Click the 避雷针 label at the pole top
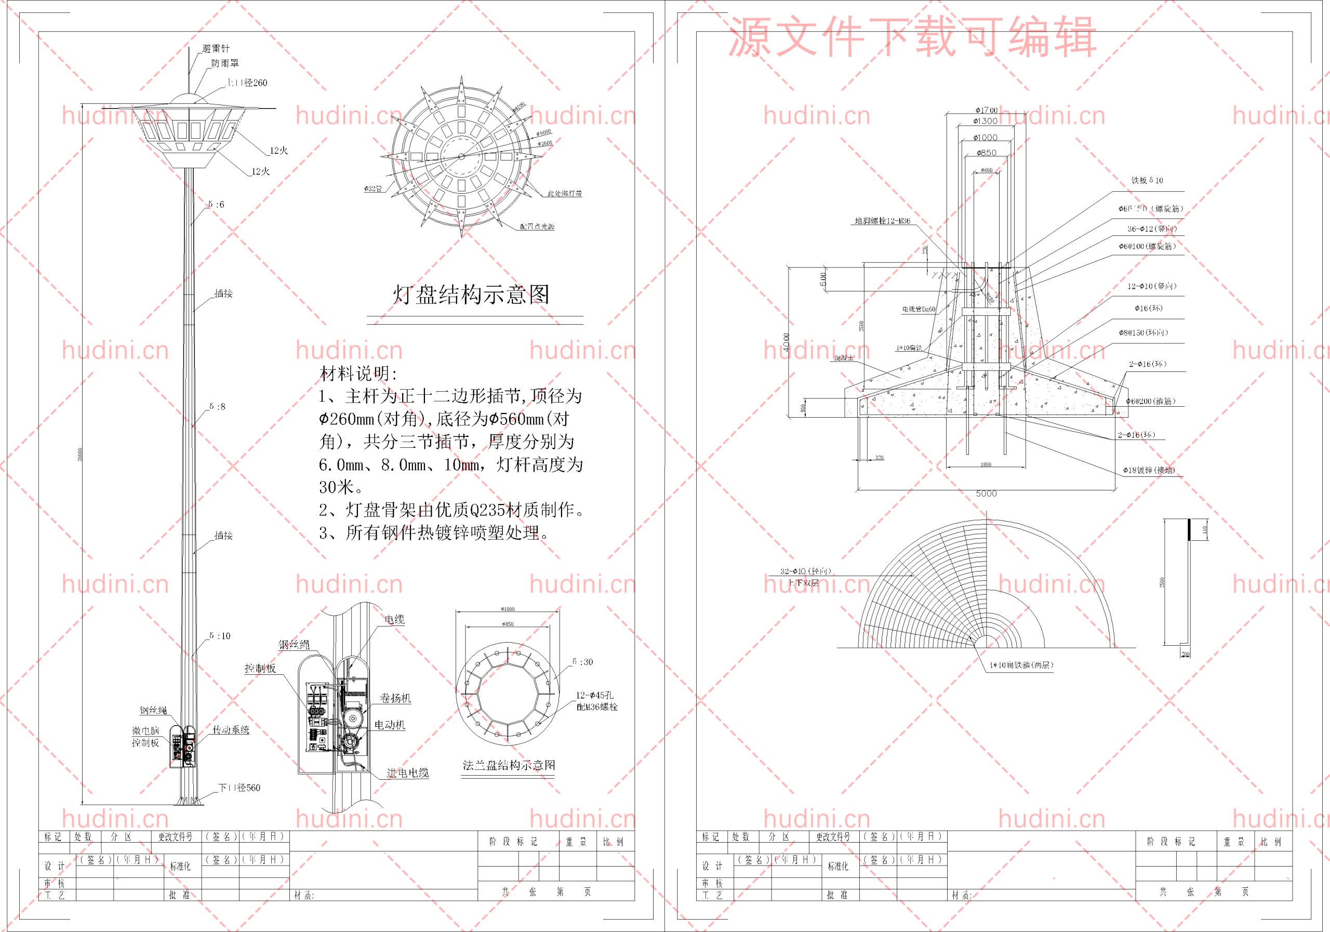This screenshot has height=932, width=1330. [216, 49]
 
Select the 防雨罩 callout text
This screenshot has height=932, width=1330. [225, 63]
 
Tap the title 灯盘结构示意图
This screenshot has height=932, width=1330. [471, 294]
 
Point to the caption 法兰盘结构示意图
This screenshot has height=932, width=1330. [509, 765]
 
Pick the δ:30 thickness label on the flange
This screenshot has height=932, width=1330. [582, 661]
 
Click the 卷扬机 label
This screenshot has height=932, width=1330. [395, 698]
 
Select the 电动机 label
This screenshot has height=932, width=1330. [389, 725]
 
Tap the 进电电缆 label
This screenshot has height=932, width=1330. [407, 773]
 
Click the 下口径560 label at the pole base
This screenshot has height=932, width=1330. [238, 788]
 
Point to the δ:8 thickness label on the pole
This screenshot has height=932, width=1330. [217, 407]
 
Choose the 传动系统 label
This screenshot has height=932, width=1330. [231, 730]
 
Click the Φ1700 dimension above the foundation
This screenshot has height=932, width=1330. [986, 110]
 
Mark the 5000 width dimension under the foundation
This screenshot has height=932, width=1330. [986, 494]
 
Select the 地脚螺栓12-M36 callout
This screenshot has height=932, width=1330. [882, 221]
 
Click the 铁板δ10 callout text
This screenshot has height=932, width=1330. [1147, 180]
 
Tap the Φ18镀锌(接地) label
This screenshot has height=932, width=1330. [1149, 470]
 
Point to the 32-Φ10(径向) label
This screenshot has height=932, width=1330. [806, 571]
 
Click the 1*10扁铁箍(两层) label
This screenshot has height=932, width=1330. [1021, 665]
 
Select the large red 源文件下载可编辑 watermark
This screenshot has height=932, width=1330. [912, 36]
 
